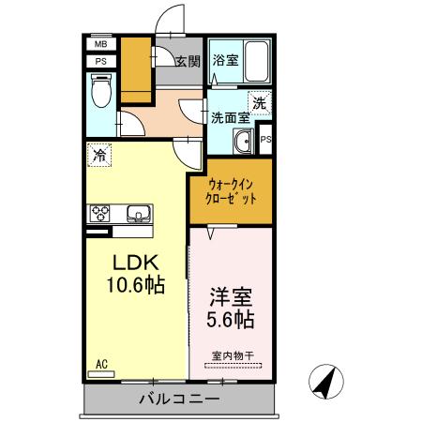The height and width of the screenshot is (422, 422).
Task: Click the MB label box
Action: (100, 44)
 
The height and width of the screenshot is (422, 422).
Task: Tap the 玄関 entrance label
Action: (187, 63)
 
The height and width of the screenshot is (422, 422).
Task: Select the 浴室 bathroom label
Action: (225, 61)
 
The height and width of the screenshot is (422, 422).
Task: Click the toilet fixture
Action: (102, 90)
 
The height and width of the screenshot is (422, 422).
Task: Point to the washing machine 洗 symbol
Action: (258, 104)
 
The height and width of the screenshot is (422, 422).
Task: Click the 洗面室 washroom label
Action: (229, 118)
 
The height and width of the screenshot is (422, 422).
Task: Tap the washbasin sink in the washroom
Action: (243, 143)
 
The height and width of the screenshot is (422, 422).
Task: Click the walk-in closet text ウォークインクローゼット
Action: (231, 191)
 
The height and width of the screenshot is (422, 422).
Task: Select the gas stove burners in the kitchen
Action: (100, 212)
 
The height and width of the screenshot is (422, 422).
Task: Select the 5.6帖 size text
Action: (230, 319)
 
